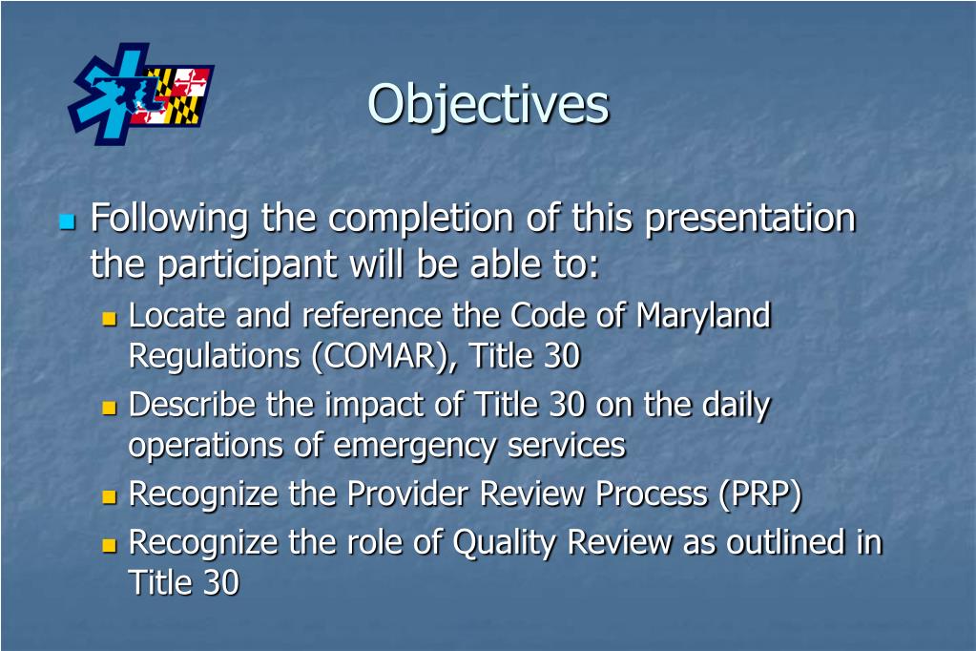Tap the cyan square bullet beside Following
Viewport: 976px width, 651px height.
click(66, 222)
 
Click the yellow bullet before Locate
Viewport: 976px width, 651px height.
click(109, 318)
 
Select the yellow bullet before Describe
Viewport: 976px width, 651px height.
click(109, 408)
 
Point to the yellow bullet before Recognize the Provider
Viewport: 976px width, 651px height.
click(109, 496)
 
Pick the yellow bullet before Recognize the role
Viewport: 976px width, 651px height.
click(109, 545)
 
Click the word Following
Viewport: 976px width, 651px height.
click(169, 220)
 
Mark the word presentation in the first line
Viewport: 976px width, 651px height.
click(750, 220)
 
